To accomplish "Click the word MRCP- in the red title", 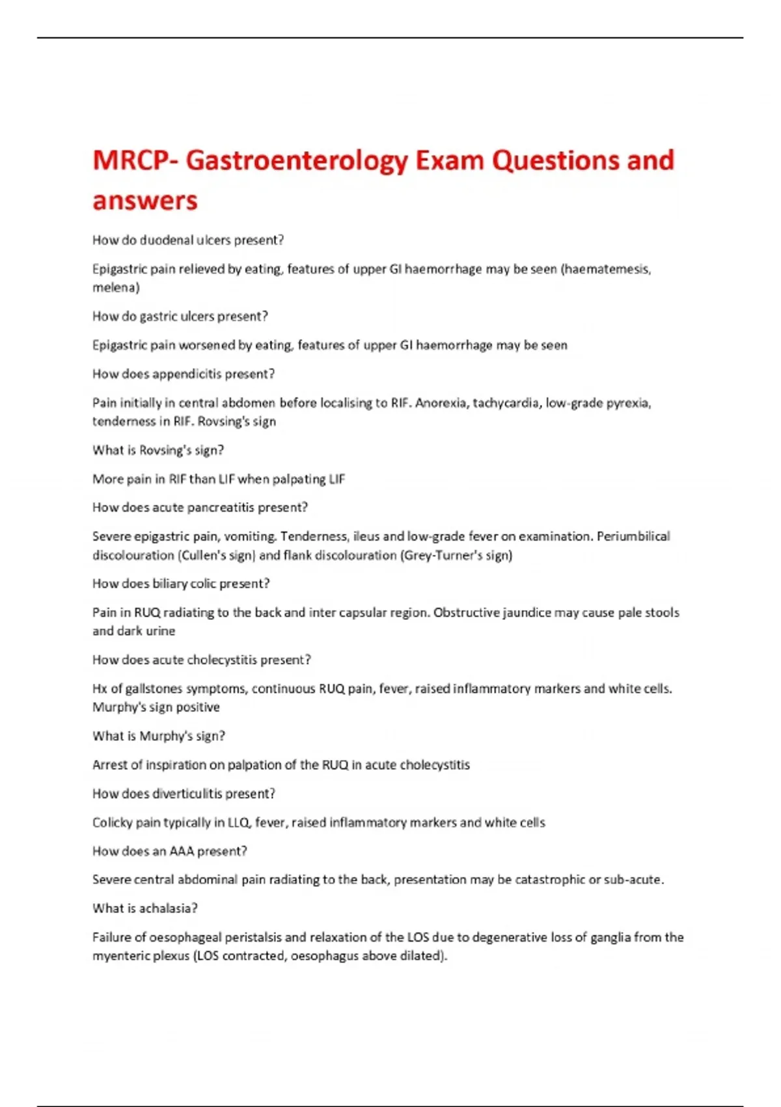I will pyautogui.click(x=135, y=160).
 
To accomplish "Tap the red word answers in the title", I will pyautogui.click(x=144, y=201).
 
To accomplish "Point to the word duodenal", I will pyautogui.click(x=167, y=240).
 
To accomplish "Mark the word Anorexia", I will pyautogui.click(x=441, y=403).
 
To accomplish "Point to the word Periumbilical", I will pyautogui.click(x=633, y=537).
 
